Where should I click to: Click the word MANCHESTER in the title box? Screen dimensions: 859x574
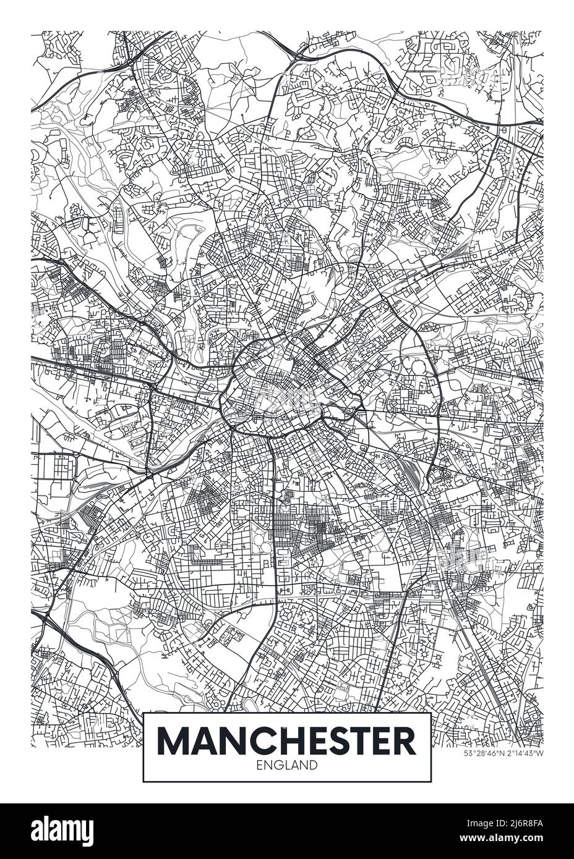point(287,741)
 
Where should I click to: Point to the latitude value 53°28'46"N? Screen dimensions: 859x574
point(484,753)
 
